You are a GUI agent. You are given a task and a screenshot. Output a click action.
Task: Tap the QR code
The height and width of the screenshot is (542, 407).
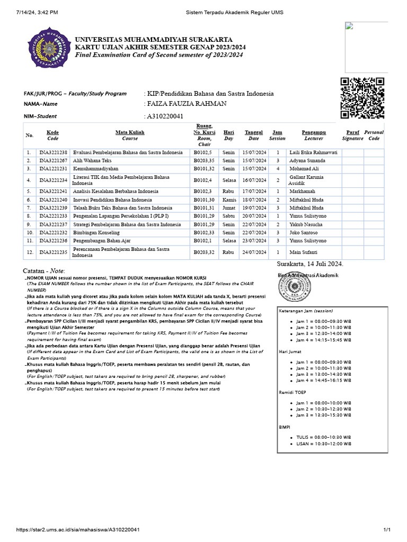362,98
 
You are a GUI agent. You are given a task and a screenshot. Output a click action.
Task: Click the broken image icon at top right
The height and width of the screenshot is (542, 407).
349,27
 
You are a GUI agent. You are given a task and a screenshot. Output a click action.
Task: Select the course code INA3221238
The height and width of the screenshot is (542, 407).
53,152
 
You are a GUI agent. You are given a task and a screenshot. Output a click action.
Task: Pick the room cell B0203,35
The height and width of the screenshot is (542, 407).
203,160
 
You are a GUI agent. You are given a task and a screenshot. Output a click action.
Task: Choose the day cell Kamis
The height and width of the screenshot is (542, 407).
229,200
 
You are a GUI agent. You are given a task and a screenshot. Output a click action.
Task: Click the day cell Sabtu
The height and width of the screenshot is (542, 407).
229,216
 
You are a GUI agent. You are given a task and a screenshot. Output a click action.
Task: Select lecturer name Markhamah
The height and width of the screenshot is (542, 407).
302,191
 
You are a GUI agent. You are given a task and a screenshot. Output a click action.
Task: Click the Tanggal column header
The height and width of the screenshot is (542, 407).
253,135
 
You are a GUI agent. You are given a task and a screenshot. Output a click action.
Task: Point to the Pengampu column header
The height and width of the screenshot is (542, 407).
314,135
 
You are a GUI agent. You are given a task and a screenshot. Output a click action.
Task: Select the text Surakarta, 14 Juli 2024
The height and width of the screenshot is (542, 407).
310,264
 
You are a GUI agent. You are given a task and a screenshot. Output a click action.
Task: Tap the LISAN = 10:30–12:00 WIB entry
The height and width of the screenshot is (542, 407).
323,444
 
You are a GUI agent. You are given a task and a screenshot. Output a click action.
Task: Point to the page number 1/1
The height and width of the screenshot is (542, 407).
386,530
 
